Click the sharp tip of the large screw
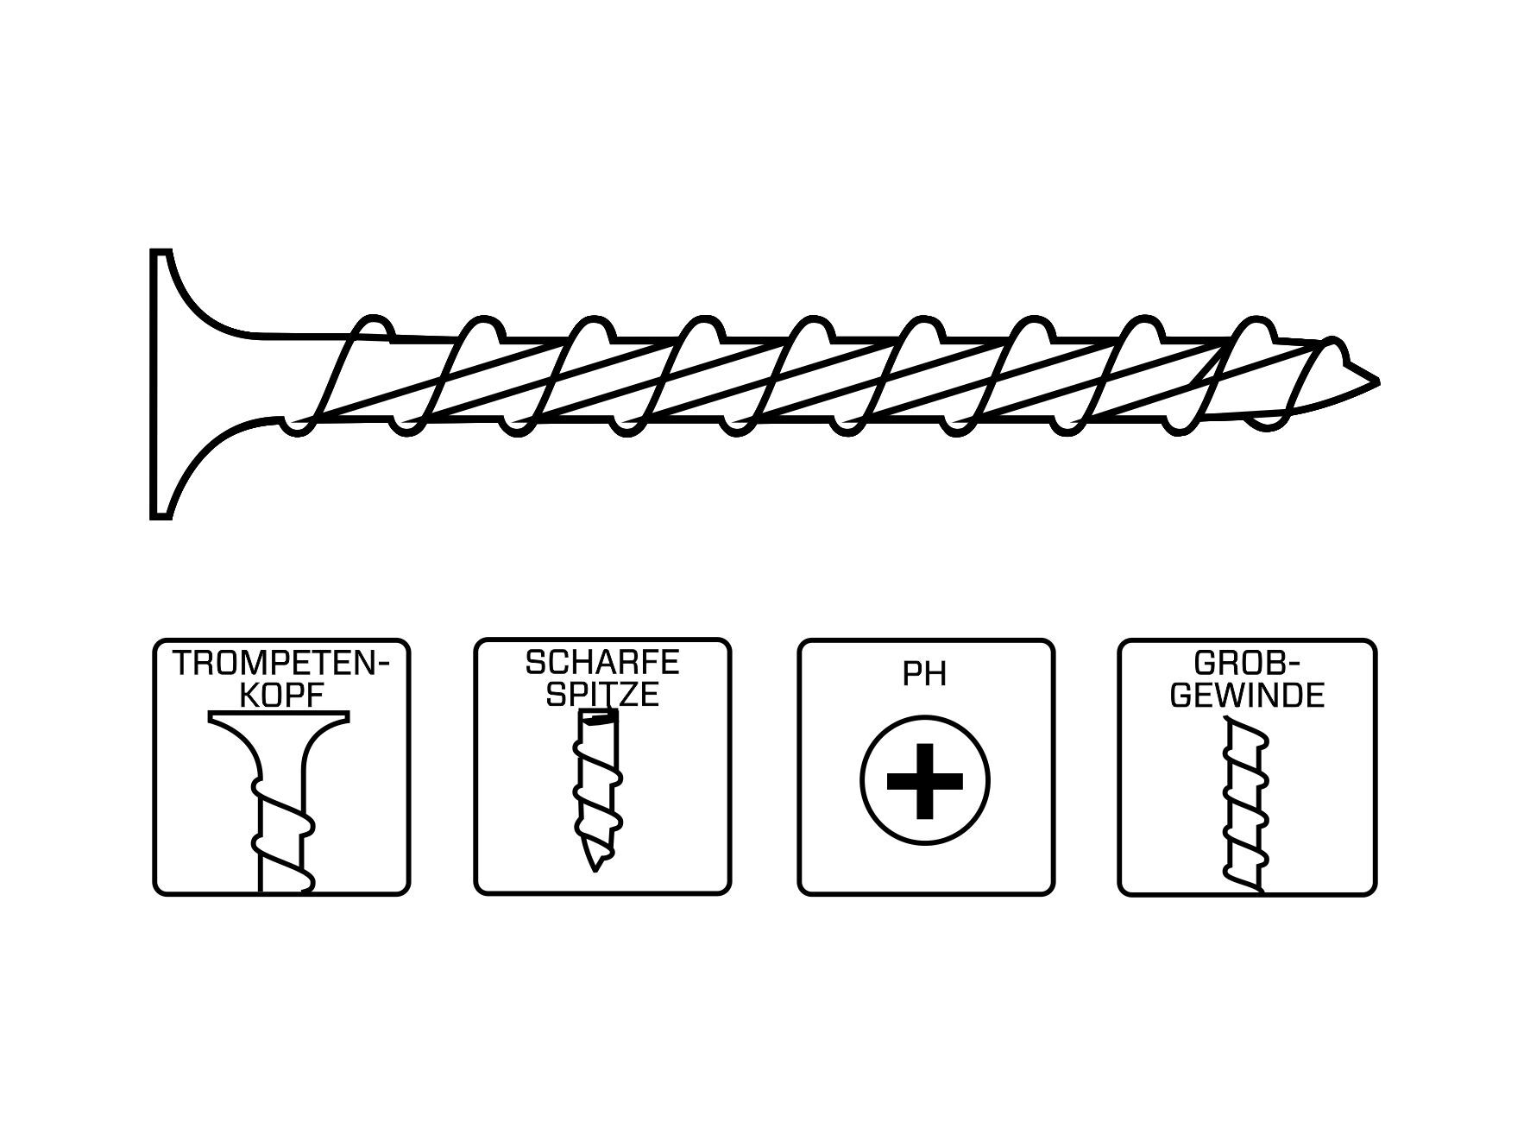coord(1375,381)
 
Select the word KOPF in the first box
coord(281,696)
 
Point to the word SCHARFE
coord(602,663)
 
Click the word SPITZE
coord(602,694)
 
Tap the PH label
coord(925,674)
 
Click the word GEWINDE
coord(1247,696)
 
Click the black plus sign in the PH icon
coord(925,781)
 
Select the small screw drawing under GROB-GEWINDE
coord(1244,803)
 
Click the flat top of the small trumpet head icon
coord(280,715)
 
